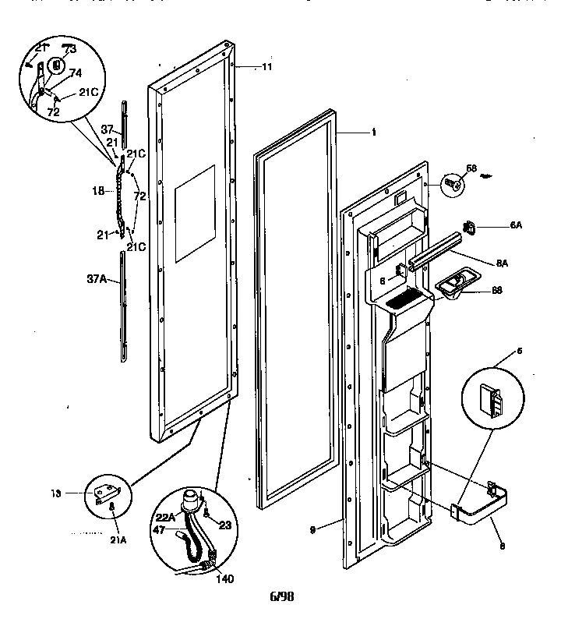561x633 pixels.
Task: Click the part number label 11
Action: (266, 68)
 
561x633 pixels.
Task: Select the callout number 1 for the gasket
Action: (374, 133)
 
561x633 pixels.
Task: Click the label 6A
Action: (516, 227)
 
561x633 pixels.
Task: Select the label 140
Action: (223, 579)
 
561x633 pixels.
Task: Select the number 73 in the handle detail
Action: (70, 49)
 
